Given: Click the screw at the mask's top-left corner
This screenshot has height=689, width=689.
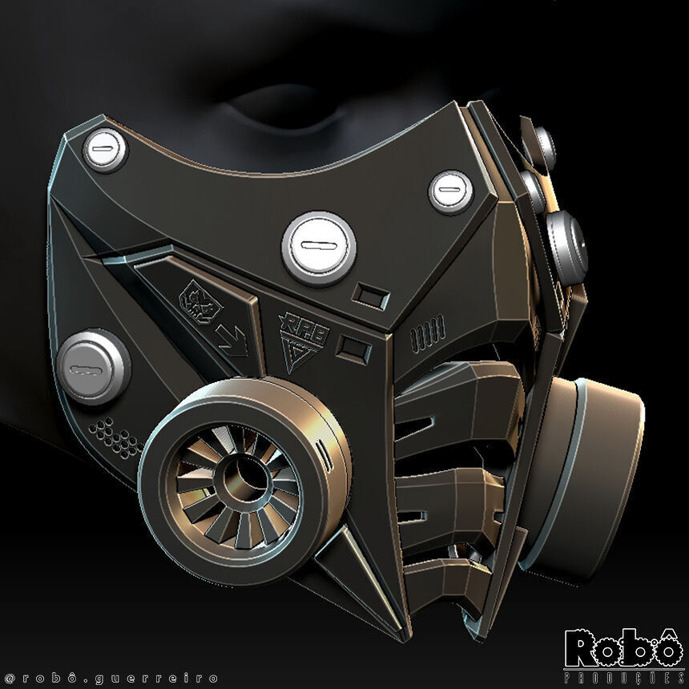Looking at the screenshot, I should (x=104, y=150).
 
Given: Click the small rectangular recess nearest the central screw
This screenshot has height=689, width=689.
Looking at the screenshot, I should (x=371, y=296).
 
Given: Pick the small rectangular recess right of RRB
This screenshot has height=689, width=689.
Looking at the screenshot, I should (x=353, y=349).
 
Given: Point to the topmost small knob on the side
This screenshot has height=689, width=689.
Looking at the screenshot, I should (x=540, y=144).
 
